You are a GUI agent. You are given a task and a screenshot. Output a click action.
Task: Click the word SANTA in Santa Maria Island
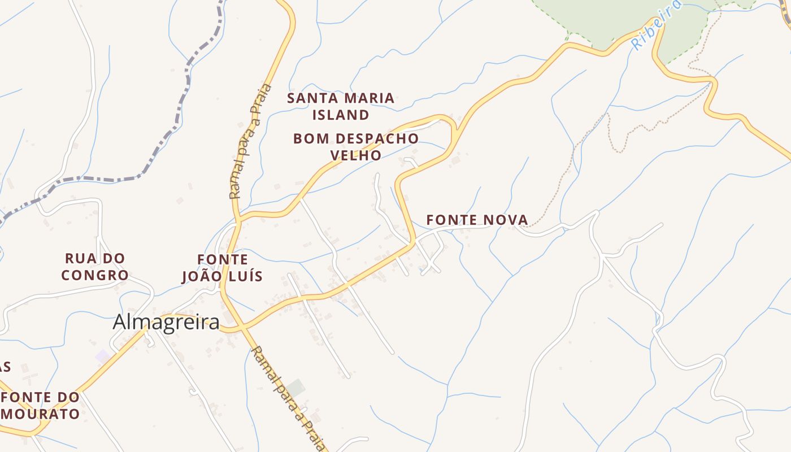coord(312,98)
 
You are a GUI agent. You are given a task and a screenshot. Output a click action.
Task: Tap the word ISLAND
coord(341,115)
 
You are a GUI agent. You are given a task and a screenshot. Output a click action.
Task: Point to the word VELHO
coord(356,155)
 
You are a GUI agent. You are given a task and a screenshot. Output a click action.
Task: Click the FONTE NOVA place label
coord(477,220)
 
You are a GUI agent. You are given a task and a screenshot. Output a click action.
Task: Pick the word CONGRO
coord(95,275)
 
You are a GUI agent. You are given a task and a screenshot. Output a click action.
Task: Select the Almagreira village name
coord(166,322)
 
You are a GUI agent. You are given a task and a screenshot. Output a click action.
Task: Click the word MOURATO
coord(40,413)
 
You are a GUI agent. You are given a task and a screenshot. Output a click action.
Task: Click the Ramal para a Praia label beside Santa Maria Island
coord(250,141)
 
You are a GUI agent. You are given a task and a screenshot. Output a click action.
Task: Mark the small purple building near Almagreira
coord(102,357)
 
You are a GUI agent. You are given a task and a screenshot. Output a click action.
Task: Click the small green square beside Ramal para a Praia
coord(295,388)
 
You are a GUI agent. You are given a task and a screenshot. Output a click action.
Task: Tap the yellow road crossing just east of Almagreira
coord(242,327)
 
